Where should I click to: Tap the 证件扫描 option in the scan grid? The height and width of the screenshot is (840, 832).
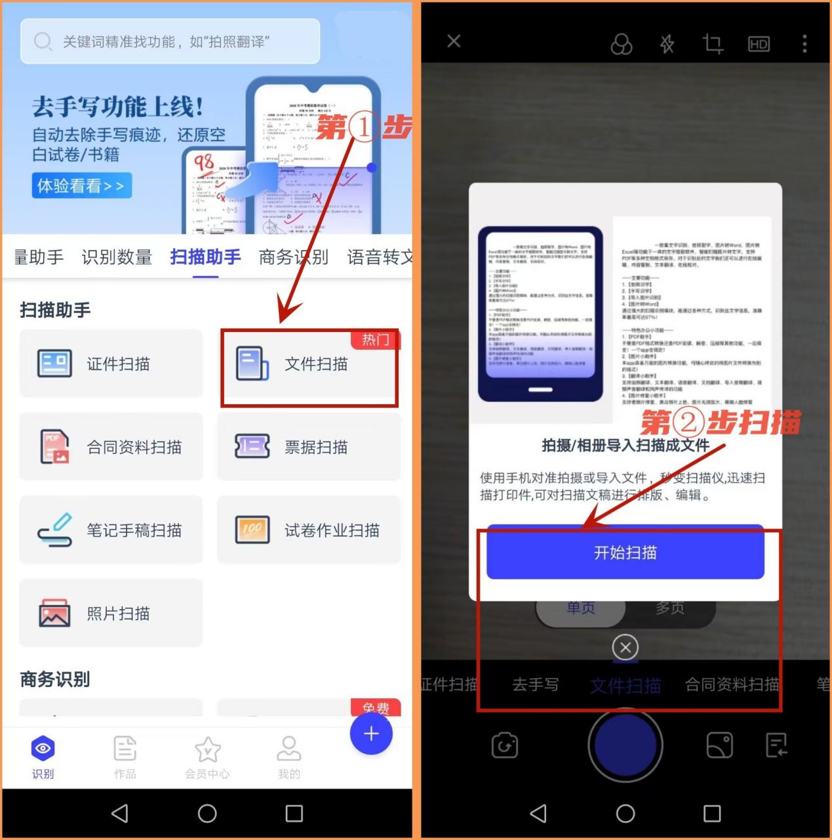[111, 364]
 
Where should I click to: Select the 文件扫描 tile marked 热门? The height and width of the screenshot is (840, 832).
[309, 364]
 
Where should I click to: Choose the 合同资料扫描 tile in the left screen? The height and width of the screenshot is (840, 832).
[111, 447]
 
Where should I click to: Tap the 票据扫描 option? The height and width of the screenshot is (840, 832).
[309, 447]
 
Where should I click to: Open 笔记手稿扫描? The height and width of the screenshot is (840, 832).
[111, 530]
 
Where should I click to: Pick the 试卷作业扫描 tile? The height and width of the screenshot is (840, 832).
[309, 530]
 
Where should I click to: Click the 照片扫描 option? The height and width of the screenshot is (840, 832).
[111, 614]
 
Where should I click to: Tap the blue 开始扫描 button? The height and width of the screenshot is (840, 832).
[625, 553]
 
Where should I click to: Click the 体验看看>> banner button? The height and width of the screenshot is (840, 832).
[81, 186]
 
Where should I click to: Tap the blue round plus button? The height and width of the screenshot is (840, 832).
[371, 734]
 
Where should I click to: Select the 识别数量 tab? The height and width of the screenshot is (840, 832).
[117, 257]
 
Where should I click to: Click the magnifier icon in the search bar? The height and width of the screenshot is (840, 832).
[43, 42]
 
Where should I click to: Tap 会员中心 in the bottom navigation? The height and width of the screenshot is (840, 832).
[207, 757]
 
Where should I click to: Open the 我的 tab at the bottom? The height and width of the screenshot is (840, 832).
[288, 757]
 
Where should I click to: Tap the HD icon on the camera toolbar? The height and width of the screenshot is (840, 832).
[759, 44]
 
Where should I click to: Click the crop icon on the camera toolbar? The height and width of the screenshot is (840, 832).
[713, 44]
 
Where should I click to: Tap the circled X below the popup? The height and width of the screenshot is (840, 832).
[625, 648]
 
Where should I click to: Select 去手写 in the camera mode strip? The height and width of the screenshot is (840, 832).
[536, 685]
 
